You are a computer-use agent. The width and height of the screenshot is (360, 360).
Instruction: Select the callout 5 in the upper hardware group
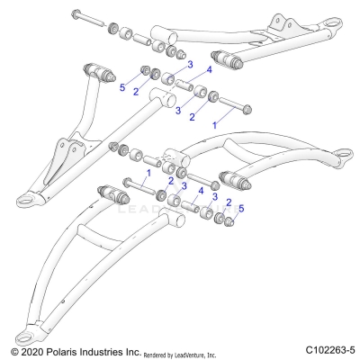pos(122,88)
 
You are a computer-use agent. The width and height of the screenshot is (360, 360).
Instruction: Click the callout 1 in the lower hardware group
pos(148,171)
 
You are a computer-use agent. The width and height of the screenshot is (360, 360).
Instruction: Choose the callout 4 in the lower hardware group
pos(202,192)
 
